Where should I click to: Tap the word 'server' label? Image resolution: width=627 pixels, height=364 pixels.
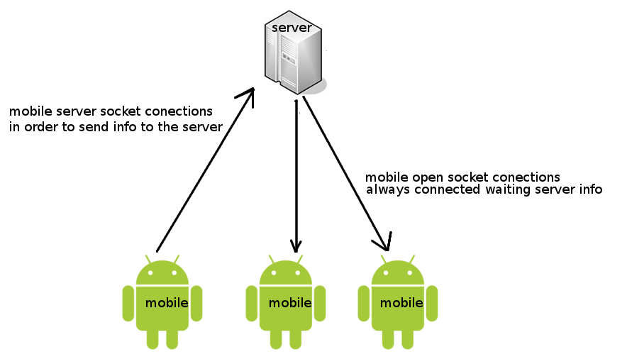click(292, 28)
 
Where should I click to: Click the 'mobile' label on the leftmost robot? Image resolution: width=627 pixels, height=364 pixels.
click(167, 303)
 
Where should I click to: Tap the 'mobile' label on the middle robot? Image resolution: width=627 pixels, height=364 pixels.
click(290, 303)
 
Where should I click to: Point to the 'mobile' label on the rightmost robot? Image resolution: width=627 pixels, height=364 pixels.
click(402, 303)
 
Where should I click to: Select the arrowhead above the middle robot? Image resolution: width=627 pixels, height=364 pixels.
click(296, 245)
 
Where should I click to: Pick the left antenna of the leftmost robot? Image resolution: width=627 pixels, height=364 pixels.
click(150, 259)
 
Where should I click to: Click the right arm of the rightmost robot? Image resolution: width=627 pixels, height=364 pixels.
click(431, 302)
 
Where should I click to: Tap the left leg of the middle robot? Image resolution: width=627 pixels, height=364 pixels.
click(275, 339)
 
